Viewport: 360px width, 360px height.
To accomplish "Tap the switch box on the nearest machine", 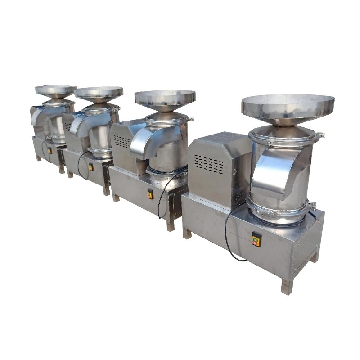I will [256, 240].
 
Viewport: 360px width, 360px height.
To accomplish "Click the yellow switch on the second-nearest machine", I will [150, 194].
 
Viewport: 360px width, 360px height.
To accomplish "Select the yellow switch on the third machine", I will [90, 167].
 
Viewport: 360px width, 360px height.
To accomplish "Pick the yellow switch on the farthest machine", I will [50, 151].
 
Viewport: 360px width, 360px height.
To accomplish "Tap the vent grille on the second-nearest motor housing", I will [122, 141].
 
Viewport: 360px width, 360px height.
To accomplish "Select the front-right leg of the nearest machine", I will [287, 286].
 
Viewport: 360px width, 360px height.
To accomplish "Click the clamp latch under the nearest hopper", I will [320, 135].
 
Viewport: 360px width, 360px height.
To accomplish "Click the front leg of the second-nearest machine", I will [171, 225].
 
